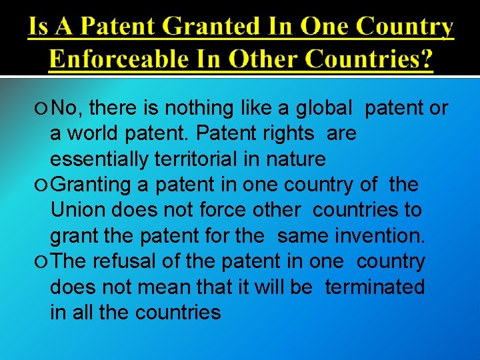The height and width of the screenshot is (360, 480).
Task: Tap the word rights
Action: pyautogui.click(x=289, y=133)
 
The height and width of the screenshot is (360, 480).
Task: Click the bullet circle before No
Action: pyautogui.click(x=43, y=107)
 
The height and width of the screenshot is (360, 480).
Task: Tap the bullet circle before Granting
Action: pyautogui.click(x=43, y=185)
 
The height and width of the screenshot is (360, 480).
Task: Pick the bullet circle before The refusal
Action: pyautogui.click(x=43, y=262)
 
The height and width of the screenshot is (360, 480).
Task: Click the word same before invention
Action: pyautogui.click(x=299, y=235)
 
